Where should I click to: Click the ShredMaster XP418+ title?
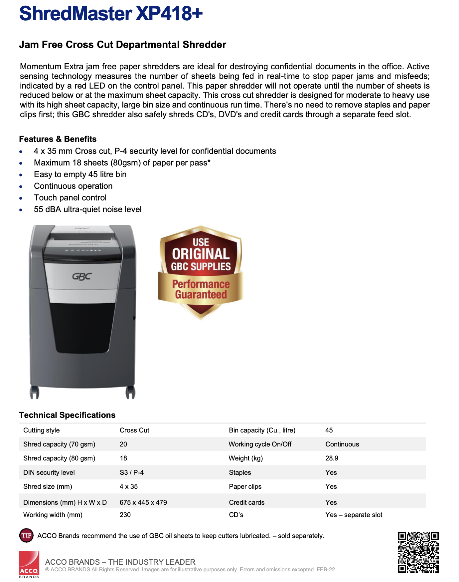(x=111, y=14)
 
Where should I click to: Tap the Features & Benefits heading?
(x=58, y=139)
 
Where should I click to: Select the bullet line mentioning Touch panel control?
(x=70, y=198)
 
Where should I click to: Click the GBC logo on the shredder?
(x=82, y=276)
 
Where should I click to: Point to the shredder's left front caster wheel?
(x=34, y=393)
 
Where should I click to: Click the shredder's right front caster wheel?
(x=130, y=393)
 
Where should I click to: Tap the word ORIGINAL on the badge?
(x=201, y=254)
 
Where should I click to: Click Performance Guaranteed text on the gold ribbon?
(x=201, y=289)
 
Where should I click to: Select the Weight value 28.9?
(x=332, y=458)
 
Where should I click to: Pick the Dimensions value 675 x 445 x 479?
(x=143, y=502)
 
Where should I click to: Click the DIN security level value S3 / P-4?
(x=132, y=473)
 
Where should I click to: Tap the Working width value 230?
(x=125, y=515)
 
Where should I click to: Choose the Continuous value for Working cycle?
(x=342, y=444)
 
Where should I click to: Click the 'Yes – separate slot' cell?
(x=354, y=515)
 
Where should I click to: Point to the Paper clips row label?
(x=245, y=487)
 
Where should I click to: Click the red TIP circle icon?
(x=26, y=535)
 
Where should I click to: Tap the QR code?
(x=418, y=552)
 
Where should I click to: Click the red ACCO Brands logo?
(x=29, y=564)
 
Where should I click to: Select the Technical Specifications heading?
(x=67, y=415)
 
